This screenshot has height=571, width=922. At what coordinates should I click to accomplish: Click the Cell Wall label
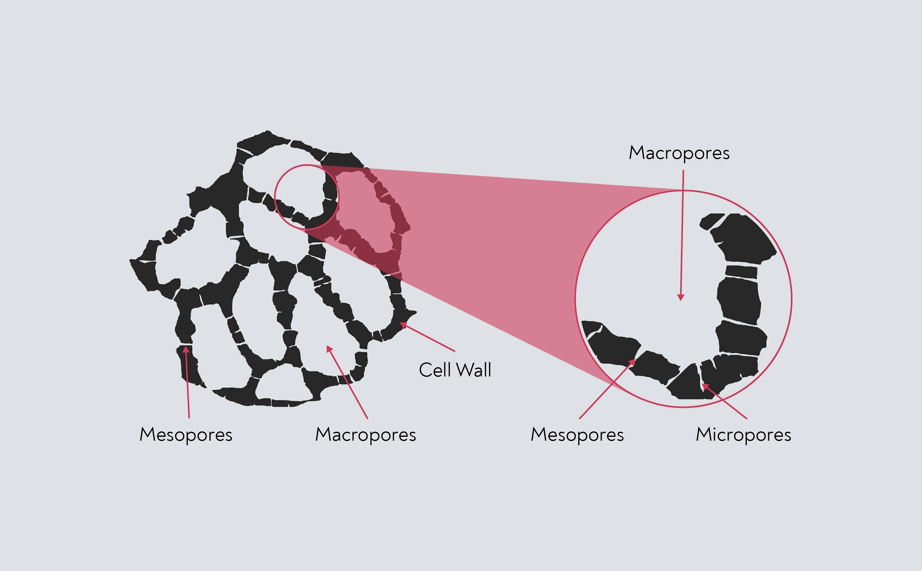tap(455, 370)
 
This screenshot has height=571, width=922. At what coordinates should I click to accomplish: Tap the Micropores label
tap(743, 435)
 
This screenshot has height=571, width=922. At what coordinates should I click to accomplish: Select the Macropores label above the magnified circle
tap(679, 153)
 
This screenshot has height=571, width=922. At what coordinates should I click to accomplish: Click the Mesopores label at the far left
tap(186, 435)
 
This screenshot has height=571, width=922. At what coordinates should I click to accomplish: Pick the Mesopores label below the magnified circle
tap(577, 435)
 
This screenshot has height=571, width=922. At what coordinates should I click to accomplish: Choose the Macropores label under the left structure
tap(365, 435)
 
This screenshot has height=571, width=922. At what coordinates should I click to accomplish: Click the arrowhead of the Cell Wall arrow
tap(403, 324)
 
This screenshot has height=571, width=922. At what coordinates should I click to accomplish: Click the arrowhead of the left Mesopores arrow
tap(186, 350)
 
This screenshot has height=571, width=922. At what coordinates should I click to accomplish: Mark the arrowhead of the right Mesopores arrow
tap(632, 362)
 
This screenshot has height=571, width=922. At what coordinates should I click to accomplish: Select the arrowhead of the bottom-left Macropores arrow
tap(329, 348)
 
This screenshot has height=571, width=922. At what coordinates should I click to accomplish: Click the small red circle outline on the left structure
tap(275, 197)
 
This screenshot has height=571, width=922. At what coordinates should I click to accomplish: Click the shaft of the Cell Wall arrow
tap(429, 338)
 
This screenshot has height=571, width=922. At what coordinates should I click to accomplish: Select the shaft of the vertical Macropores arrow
tap(682, 234)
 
